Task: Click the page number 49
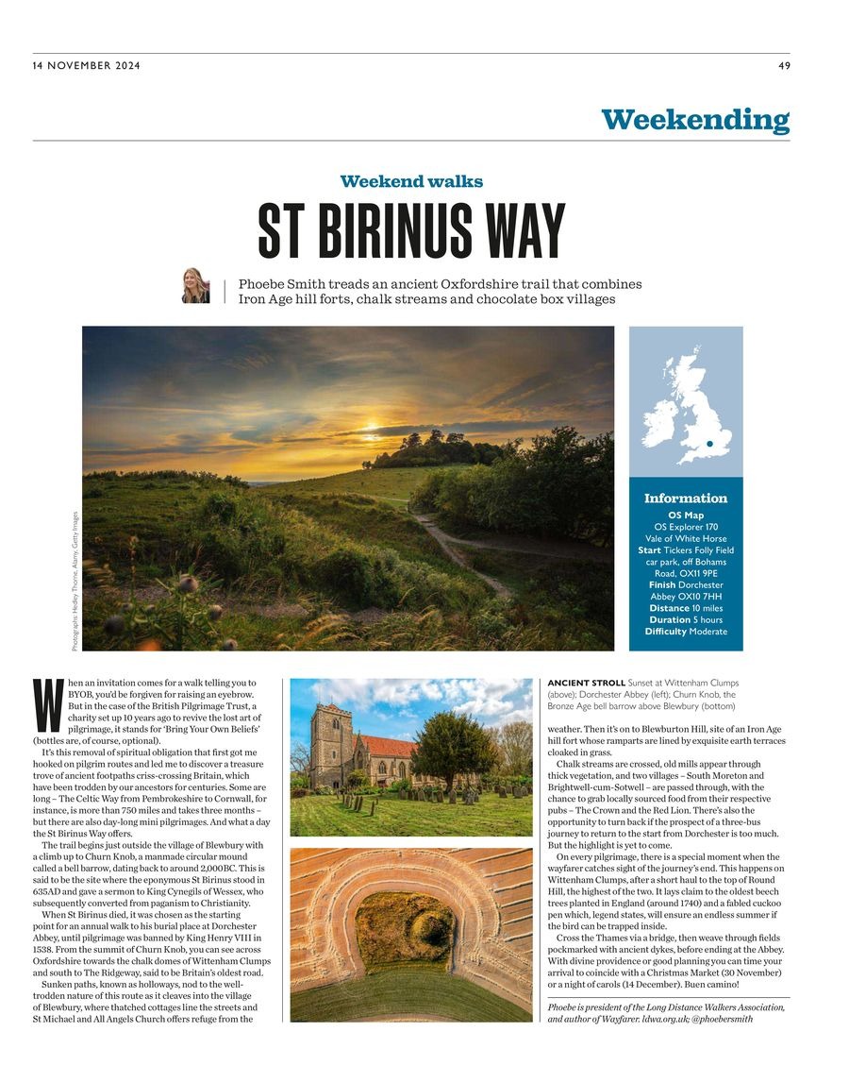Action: (784, 65)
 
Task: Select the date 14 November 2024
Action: (82, 65)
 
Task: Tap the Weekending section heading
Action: (695, 120)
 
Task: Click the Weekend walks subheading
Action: (411, 181)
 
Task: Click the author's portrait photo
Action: (195, 285)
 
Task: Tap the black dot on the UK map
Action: (707, 443)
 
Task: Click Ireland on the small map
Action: (659, 418)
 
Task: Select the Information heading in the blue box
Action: (686, 499)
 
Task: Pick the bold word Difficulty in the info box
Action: (665, 632)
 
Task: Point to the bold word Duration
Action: (668, 619)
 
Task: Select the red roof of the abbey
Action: (386, 747)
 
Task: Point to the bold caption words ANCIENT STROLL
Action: (586, 683)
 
